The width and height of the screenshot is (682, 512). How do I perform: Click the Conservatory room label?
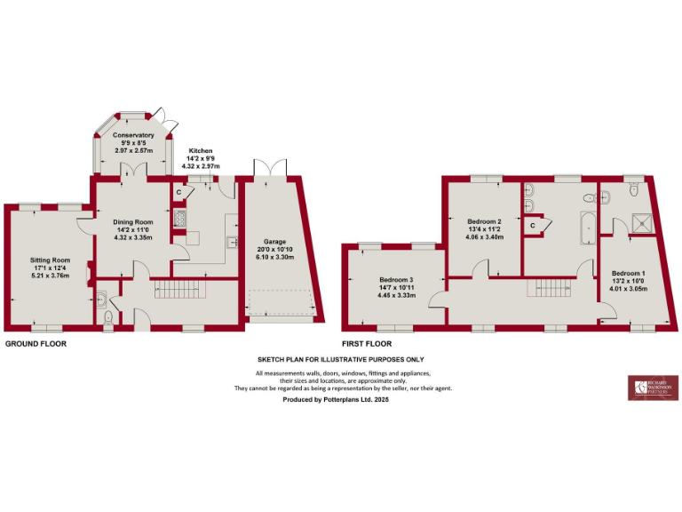pos(132,135)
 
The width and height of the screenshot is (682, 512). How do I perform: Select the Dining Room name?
pos(133,222)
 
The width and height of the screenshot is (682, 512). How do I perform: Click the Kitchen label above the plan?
pos(200,152)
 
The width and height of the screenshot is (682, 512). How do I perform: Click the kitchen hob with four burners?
pos(178,220)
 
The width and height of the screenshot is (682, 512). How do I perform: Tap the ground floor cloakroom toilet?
pos(107,317)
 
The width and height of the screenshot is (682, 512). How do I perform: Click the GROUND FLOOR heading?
pos(36,342)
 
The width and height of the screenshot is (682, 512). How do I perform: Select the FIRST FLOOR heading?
pos(367,342)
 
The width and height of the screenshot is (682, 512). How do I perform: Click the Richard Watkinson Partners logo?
pos(651,388)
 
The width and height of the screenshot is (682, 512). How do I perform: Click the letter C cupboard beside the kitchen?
pos(178,192)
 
